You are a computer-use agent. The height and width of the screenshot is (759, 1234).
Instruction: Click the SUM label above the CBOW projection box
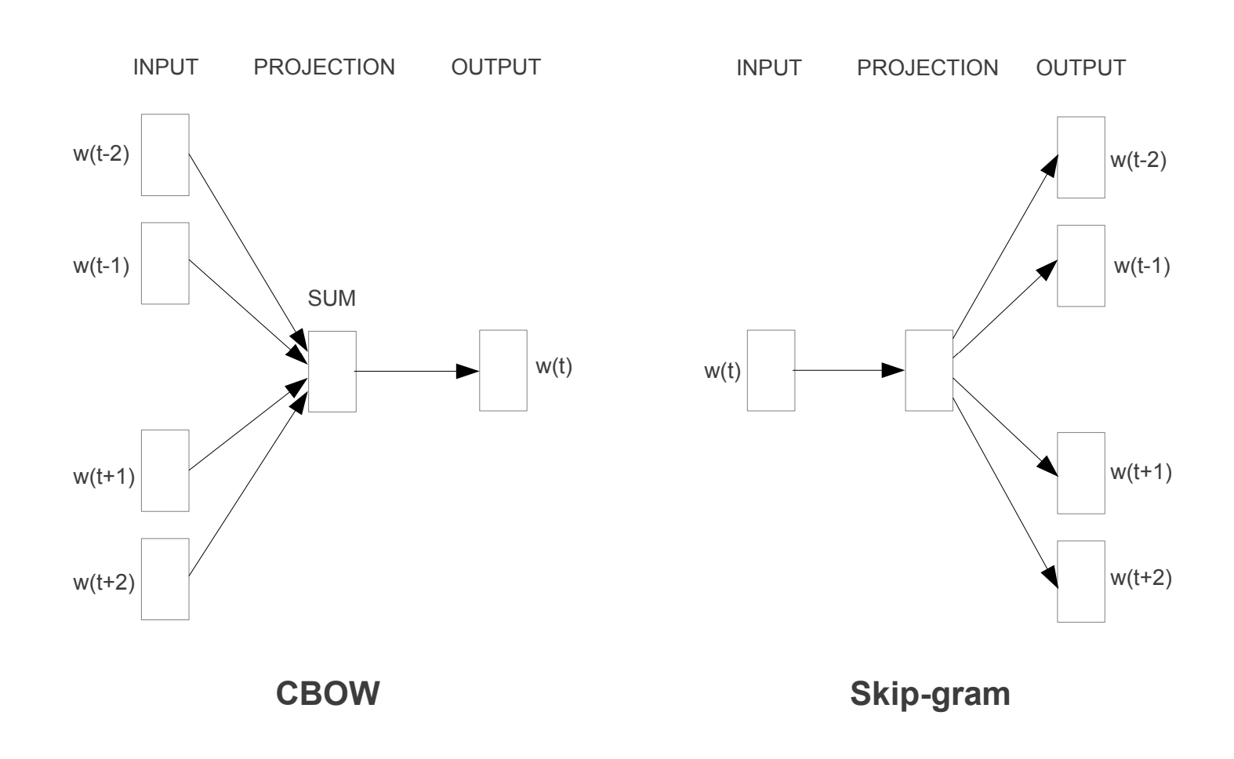(332, 299)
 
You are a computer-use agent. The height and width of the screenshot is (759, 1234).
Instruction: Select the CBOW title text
(328, 693)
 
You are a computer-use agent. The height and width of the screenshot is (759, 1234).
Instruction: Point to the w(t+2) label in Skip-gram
(1141, 578)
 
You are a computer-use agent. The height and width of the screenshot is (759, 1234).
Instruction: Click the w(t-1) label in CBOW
(101, 266)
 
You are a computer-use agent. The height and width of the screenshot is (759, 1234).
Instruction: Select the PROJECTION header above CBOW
(324, 67)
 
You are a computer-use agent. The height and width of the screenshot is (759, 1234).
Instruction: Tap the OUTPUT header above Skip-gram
(1081, 67)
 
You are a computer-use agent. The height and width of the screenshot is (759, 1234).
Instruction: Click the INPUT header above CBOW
(165, 67)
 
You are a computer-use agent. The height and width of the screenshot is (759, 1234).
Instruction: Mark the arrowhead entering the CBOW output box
(468, 371)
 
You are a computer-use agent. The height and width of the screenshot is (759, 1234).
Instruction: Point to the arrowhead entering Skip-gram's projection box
(893, 370)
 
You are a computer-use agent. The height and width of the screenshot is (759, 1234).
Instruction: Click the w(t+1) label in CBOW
(104, 477)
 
